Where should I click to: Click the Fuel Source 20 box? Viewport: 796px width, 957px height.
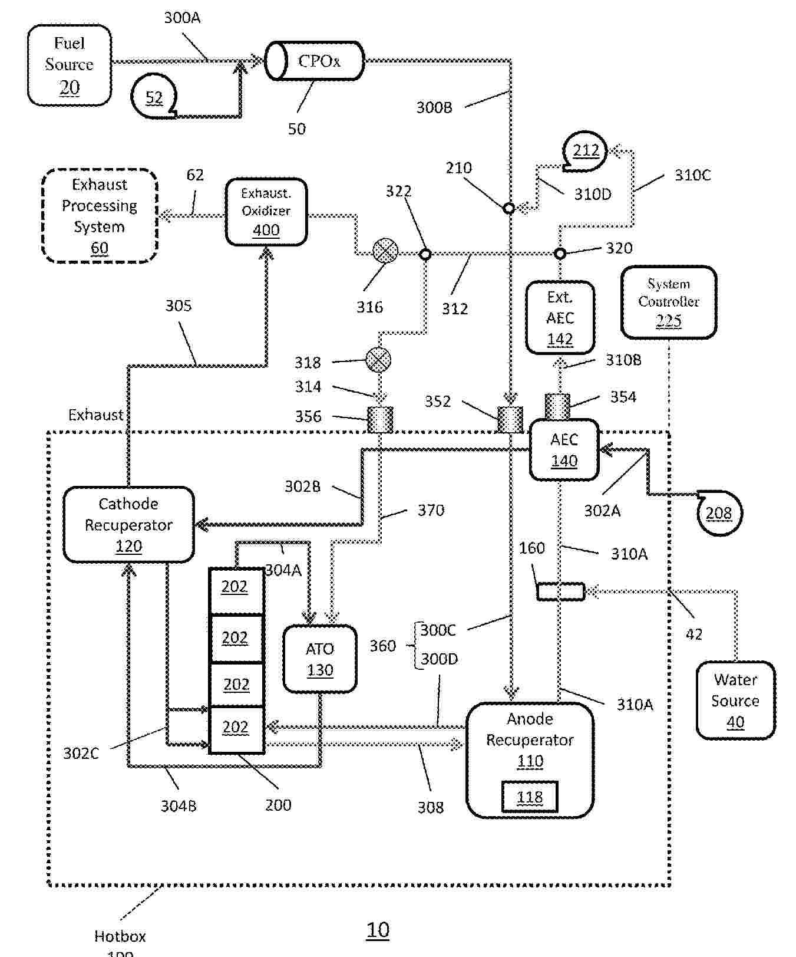[70, 65]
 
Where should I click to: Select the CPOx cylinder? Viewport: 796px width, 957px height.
[314, 61]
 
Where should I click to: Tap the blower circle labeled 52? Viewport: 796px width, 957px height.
[154, 97]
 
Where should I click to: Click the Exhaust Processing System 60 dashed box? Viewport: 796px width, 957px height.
[100, 216]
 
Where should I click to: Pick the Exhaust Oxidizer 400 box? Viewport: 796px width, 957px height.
[266, 212]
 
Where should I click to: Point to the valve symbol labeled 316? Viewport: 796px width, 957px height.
[385, 251]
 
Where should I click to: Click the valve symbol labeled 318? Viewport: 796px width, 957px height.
[378, 359]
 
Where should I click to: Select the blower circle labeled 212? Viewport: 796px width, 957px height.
[586, 151]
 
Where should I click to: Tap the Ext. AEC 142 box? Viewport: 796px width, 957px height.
[560, 318]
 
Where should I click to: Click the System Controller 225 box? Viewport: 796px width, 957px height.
[669, 302]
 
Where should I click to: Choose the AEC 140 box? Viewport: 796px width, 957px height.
[564, 450]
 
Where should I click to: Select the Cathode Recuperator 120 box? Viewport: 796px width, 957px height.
[128, 525]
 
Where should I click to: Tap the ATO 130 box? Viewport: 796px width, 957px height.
[320, 659]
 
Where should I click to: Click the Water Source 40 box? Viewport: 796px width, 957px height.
[735, 700]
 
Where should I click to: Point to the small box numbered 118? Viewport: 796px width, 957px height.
[530, 797]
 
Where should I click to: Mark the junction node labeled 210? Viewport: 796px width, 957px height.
[509, 208]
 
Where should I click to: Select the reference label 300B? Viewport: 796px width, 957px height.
[434, 107]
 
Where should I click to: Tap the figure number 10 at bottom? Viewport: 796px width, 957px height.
[378, 930]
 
